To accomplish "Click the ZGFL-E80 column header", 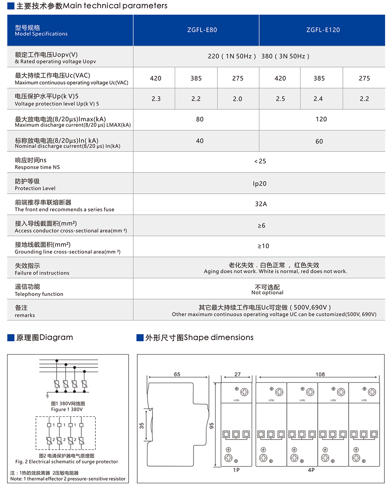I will click(202, 30).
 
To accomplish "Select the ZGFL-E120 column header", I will click(323, 30).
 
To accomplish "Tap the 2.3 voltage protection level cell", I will click(156, 99).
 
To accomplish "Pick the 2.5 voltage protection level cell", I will click(280, 99).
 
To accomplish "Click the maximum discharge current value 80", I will click(200, 119).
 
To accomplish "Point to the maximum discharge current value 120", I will click(321, 119).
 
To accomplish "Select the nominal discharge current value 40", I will click(200, 141).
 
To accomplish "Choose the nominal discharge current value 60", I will click(319, 141).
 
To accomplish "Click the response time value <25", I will click(260, 161).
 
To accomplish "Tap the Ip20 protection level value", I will click(260, 184).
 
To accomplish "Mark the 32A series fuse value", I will click(261, 204).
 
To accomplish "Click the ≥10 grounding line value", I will click(263, 246).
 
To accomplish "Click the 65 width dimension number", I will click(177, 375).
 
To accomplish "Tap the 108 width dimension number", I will click(320, 375).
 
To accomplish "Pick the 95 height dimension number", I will click(212, 425).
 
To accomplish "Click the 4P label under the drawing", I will click(311, 470).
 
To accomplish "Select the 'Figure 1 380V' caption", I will click(67, 409).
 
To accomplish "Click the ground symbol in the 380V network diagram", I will click(47, 396).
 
